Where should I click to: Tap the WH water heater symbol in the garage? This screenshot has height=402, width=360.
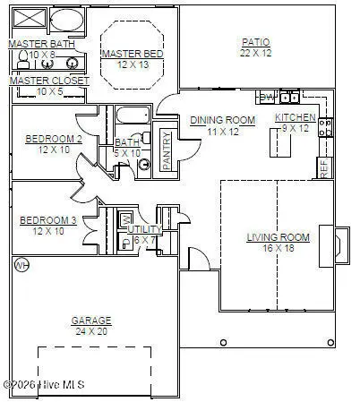point(21,265)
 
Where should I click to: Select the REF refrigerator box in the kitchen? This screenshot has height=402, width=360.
point(324,167)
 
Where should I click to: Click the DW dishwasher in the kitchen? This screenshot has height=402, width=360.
point(266,97)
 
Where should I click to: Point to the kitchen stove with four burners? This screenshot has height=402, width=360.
point(326,127)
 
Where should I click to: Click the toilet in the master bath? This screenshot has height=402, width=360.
point(22,59)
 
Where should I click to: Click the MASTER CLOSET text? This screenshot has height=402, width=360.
point(49,81)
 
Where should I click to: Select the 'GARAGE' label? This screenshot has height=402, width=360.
point(91,321)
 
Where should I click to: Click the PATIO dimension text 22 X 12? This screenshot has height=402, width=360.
point(257,53)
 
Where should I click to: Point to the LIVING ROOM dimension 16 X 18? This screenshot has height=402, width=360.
point(278,248)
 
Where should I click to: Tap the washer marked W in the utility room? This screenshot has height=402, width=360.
point(126,219)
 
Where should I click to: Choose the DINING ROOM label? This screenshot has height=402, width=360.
point(222,120)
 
